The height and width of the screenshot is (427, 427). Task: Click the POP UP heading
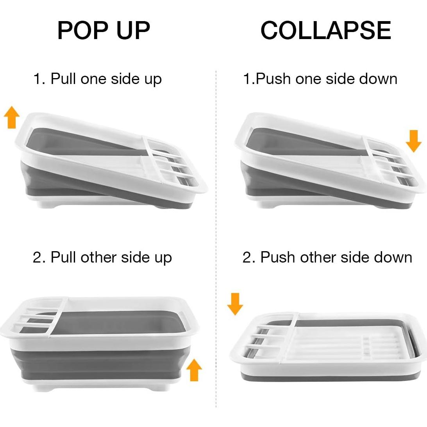point(104,30)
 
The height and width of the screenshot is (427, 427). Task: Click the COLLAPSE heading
point(326,30)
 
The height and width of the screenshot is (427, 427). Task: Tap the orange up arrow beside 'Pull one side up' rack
point(12,117)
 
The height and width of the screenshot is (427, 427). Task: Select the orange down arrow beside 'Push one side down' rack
point(414,141)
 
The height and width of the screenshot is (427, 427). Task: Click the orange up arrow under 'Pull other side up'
point(194,370)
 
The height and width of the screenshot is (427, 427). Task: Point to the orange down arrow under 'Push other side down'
point(235,304)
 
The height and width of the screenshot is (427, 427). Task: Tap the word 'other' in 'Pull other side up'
point(98,257)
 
